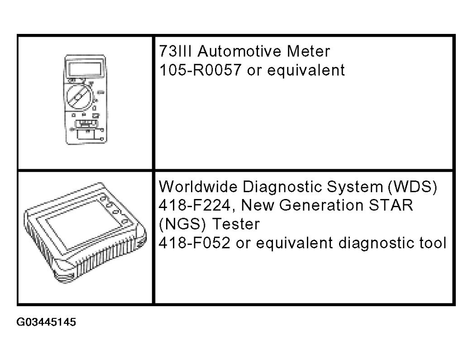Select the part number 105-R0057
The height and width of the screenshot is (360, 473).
201,70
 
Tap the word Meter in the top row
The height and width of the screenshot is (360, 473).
308,51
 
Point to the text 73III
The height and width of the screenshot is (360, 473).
175,51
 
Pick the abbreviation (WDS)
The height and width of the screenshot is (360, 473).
412,187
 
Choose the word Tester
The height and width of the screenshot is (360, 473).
236,224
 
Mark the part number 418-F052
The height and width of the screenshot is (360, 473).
195,243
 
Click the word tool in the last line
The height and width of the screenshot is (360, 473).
433,243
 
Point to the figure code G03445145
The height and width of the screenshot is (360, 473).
46,322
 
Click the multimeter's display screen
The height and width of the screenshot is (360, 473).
86,69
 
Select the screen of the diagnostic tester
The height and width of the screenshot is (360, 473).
82,223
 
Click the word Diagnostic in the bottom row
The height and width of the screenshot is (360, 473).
282,186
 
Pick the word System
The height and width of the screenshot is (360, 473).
355,187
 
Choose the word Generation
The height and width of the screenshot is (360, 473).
321,205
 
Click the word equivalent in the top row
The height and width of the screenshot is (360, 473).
306,70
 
